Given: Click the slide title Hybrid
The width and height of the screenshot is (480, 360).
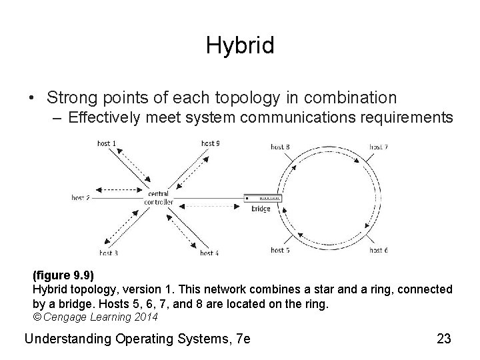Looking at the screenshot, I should tap(240, 45).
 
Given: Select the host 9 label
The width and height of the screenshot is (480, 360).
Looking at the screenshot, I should tap(210, 143).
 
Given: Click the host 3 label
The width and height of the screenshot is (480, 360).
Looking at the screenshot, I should tap(109, 253).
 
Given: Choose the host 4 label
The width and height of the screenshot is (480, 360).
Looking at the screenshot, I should tap(209, 253).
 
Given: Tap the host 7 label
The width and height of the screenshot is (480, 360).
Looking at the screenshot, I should tap(379, 146).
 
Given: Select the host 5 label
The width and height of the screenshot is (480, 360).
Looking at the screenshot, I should tap(280, 250).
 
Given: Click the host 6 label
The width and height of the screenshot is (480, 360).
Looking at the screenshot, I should tap(379, 250).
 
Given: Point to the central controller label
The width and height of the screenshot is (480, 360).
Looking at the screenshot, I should tap(159, 197).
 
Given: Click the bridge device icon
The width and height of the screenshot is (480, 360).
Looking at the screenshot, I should tap(263, 198).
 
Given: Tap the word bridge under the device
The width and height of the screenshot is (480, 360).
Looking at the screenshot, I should tap(261, 209).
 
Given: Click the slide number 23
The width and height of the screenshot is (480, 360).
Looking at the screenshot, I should tap(443, 339).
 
